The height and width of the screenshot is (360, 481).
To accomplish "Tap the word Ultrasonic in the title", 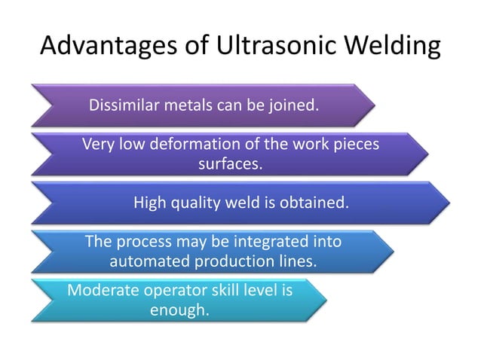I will click(276, 47).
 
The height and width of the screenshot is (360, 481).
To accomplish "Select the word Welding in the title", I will click(392, 47).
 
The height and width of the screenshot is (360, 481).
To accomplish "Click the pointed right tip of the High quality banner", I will click(449, 203).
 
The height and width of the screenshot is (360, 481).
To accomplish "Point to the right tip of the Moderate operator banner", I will click(326, 300).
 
